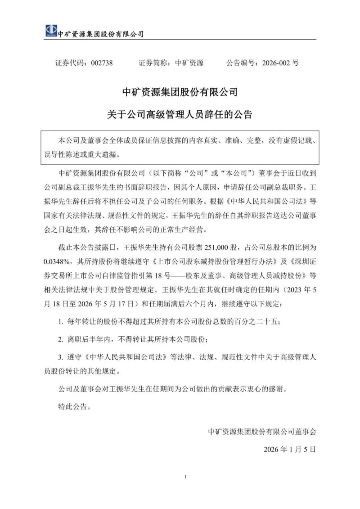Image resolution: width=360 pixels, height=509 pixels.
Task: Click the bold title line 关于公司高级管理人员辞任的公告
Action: coord(180,115)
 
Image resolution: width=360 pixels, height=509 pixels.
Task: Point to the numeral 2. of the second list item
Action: coord(62,339)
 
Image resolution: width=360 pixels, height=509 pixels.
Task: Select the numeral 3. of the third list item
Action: coord(62,357)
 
